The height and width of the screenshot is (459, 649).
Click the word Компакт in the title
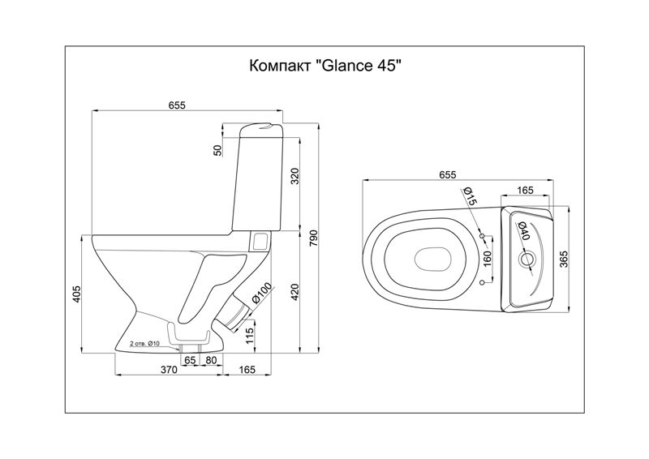pyautogui.click(x=280, y=66)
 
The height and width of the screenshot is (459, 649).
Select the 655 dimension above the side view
pyautogui.click(x=177, y=105)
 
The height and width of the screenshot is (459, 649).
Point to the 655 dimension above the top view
pyautogui.click(x=448, y=174)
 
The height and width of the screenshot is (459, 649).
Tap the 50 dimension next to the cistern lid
pyautogui.click(x=218, y=150)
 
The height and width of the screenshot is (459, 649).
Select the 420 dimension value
pyautogui.click(x=294, y=292)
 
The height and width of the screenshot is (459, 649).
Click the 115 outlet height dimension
pyautogui.click(x=249, y=333)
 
